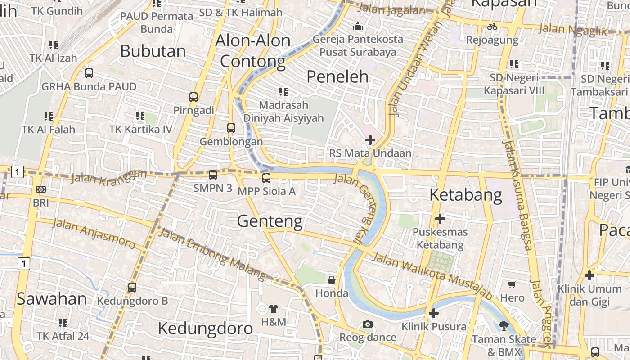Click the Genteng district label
pos(270,221)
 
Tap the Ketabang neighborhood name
pos(466,195)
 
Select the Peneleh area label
pos(337,77)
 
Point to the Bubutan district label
pos(153,51)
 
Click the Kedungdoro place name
pos(205,328)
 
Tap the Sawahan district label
pos(52,299)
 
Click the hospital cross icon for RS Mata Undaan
pos(370,140)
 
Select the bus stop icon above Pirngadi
pos(193,97)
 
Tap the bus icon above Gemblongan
pos(231,128)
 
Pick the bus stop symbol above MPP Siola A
pos(266,178)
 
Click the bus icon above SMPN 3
pos(213,175)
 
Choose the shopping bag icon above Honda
pos(332,280)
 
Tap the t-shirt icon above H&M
pos(274,309)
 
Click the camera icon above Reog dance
pos(368,324)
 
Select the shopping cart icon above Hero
pos(512,284)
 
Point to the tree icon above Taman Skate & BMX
pos(504,325)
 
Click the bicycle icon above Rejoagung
pos(492,27)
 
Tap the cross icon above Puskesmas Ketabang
pos(440,219)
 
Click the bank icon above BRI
pos(41,189)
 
